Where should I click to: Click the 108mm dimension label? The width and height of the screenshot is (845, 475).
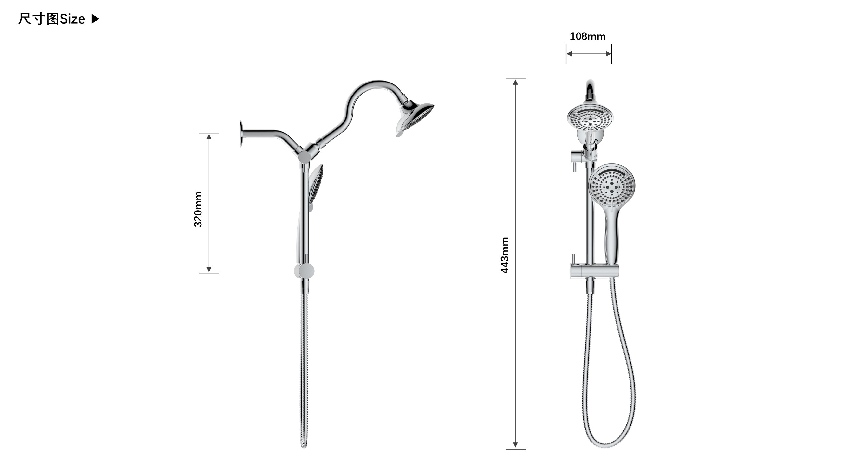[x=588, y=36]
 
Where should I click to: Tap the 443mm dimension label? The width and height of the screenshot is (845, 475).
[x=504, y=255]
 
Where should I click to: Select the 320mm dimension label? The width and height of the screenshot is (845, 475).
[x=198, y=209]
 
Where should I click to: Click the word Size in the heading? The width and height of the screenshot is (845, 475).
[x=72, y=19]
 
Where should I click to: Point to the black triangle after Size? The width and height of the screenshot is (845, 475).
[x=95, y=19]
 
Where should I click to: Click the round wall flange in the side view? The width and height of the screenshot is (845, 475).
[x=241, y=134]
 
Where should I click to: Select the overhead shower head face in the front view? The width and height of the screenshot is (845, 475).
[x=590, y=117]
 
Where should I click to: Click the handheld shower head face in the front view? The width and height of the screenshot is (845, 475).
[x=611, y=186]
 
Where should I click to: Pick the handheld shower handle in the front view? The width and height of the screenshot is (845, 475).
[x=611, y=236]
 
